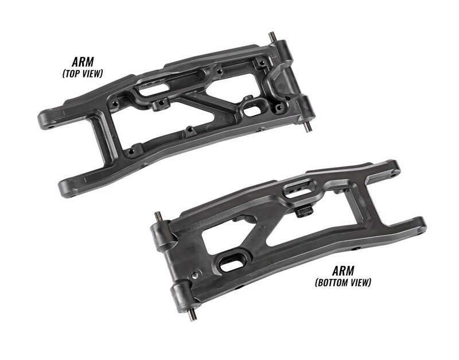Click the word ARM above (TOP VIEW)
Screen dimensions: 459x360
pos(83,62)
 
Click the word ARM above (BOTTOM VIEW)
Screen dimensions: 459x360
pos(343,271)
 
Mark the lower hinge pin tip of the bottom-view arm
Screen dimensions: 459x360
pos(192,318)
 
